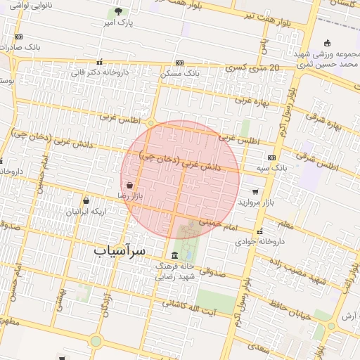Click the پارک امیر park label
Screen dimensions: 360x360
tap(117, 23)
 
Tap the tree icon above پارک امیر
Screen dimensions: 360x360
tap(118, 11)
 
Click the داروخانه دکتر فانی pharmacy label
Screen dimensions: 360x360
tap(98, 71)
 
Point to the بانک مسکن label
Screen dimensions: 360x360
tap(180, 73)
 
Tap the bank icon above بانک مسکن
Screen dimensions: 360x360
tap(180, 63)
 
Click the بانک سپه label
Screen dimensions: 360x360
tap(272, 169)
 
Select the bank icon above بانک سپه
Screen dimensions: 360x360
tap(272, 157)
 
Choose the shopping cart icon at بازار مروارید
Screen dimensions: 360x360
tap(255, 191)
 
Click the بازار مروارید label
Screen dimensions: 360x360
tap(255, 202)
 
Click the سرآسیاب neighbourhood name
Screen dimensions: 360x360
tap(120, 250)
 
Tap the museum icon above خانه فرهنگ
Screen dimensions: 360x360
tap(174, 255)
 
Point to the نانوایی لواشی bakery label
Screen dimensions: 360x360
tap(24, 5)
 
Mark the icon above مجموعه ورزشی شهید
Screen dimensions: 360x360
tap(326, 43)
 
